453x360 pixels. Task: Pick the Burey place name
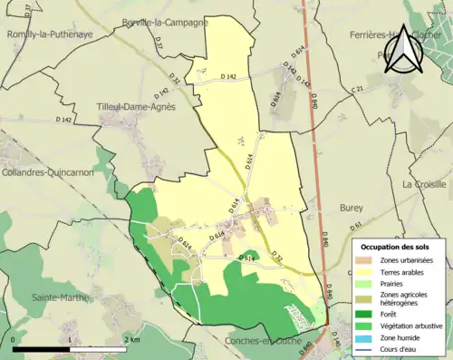pos(351,208)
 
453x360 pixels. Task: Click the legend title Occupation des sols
pos(395,247)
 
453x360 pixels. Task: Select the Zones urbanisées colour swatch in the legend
pos(366,260)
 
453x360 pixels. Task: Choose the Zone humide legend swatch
pos(366,336)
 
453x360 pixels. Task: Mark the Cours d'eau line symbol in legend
pos(366,347)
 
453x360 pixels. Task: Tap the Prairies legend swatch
pos(366,283)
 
